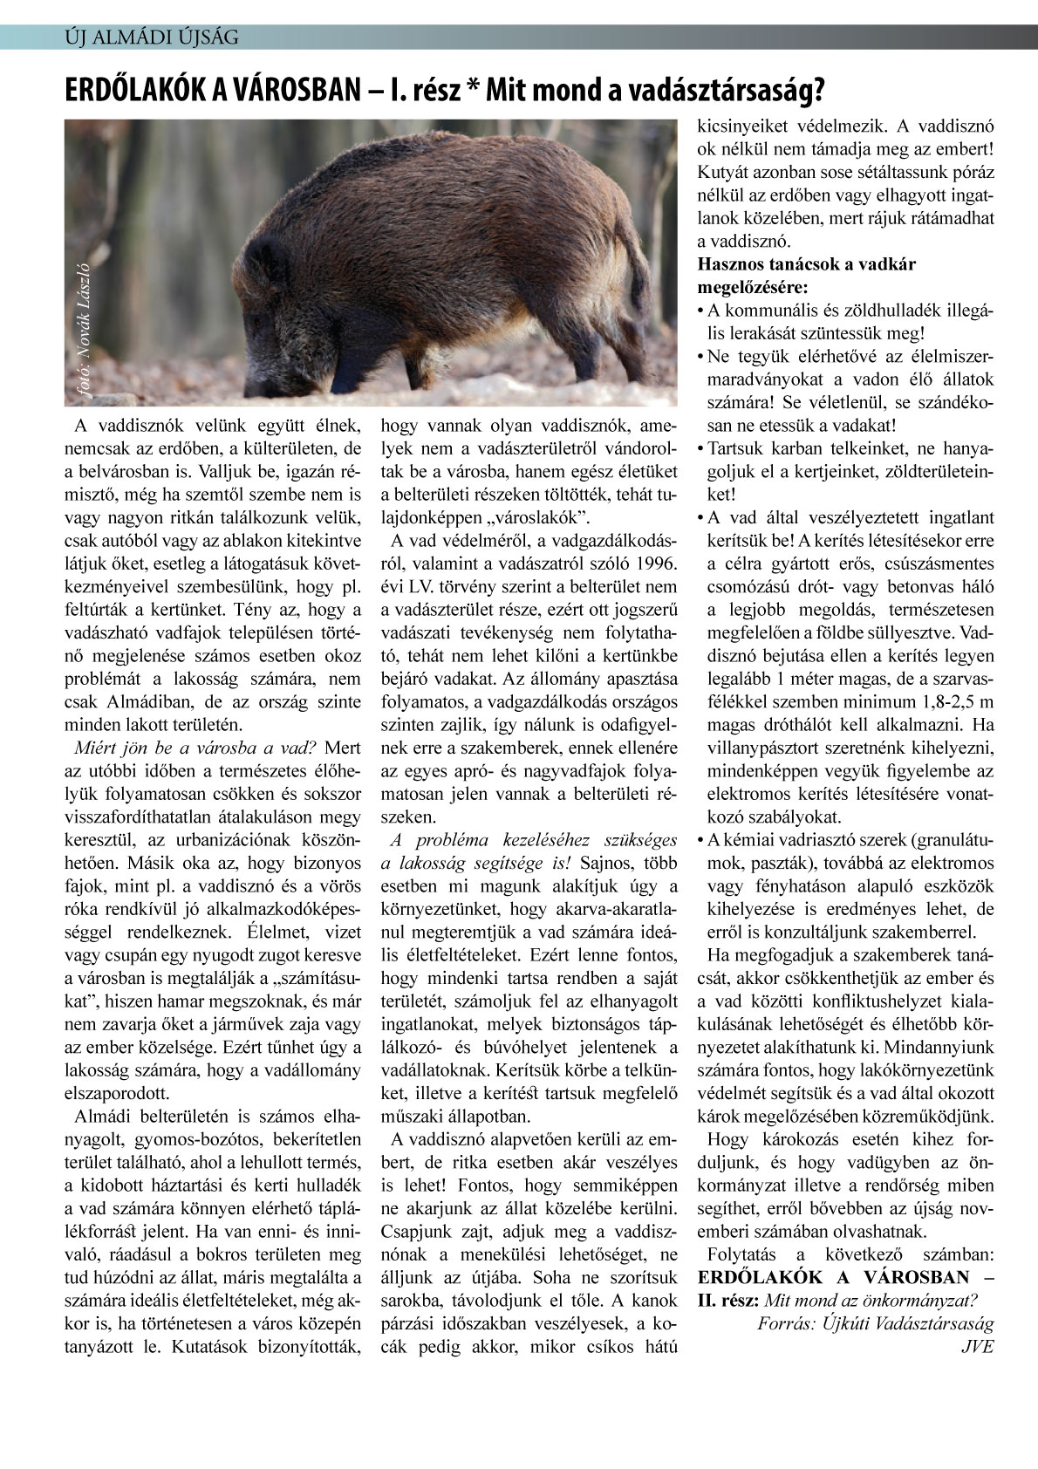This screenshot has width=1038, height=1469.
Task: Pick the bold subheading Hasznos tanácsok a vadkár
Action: (807, 264)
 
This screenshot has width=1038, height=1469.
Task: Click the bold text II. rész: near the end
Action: (728, 1300)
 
